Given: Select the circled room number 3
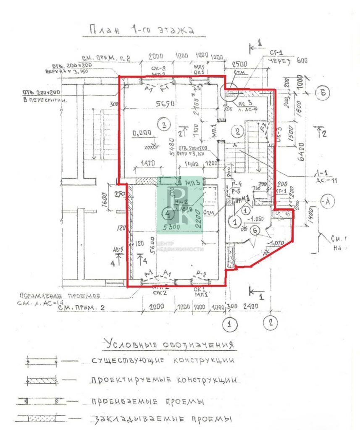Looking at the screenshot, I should pos(163,124).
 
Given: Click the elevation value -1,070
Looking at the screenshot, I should pos(277,242).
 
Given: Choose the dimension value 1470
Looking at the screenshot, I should pos(148,162).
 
